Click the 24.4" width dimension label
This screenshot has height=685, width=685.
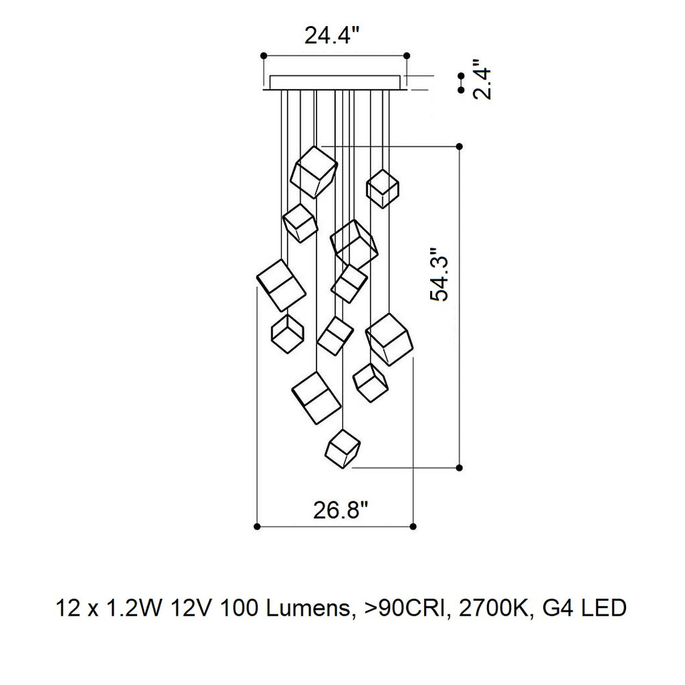pos(332,35)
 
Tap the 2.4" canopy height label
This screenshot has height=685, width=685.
pos(482,83)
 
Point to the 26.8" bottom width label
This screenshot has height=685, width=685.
pos(340,510)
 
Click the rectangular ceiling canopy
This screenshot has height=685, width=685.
pos(335,83)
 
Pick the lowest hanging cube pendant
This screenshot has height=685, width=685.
pos(343,449)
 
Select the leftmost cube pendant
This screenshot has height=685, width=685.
pos(281,285)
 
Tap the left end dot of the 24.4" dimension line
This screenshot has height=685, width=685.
pos(264,55)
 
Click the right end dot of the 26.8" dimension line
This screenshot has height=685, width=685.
pos(413,526)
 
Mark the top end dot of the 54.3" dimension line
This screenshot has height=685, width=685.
pos(459,147)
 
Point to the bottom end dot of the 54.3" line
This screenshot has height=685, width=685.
pos(459,468)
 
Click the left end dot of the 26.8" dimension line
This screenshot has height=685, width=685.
pos(257,526)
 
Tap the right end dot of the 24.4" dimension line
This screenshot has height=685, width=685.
pos(407,55)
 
